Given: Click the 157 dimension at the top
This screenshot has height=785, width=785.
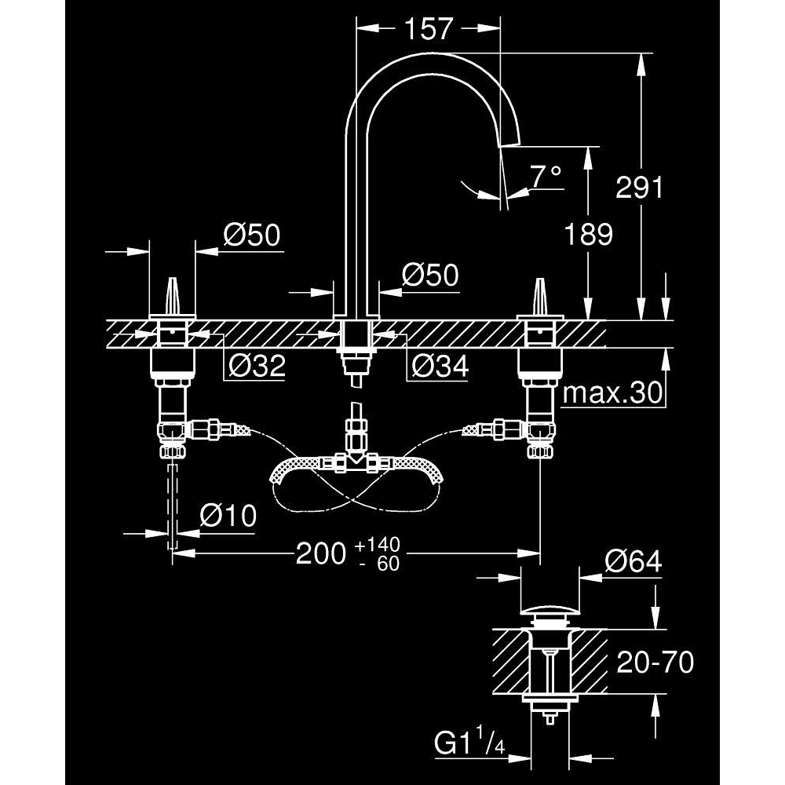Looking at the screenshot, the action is tap(428, 29).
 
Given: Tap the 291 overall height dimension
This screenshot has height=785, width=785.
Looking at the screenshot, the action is tap(639, 188).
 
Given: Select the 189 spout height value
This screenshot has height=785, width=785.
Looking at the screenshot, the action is tap(588, 234).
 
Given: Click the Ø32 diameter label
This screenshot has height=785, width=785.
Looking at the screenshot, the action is tap(257, 366).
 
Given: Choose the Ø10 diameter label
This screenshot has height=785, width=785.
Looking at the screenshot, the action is tap(228, 515).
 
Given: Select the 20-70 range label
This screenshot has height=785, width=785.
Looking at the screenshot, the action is tap(655, 662).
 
